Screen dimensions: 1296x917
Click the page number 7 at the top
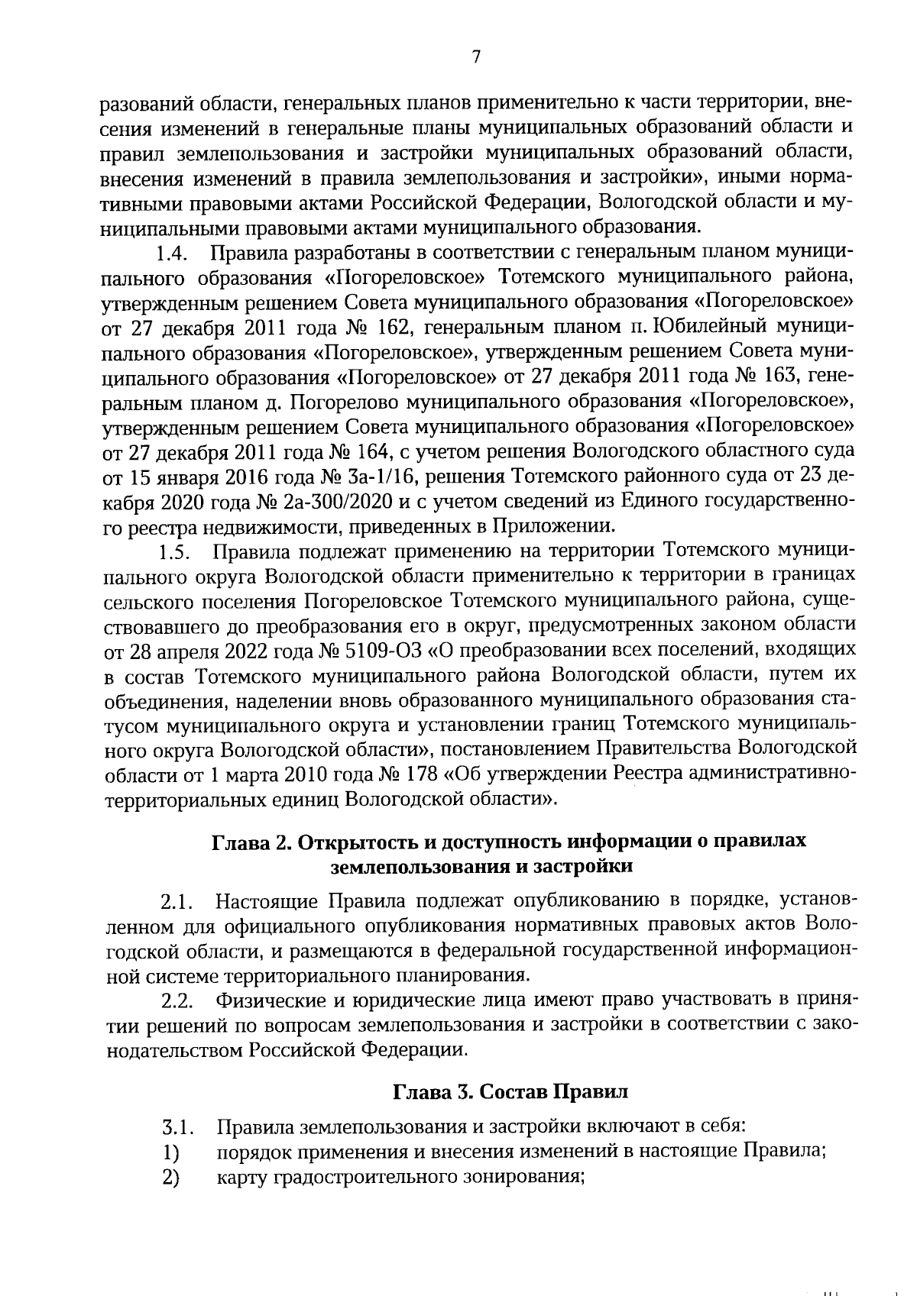(475, 57)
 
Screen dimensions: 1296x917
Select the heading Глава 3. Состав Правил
(510, 1091)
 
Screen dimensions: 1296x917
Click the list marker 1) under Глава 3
(170, 1152)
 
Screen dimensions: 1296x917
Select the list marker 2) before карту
(170, 1177)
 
